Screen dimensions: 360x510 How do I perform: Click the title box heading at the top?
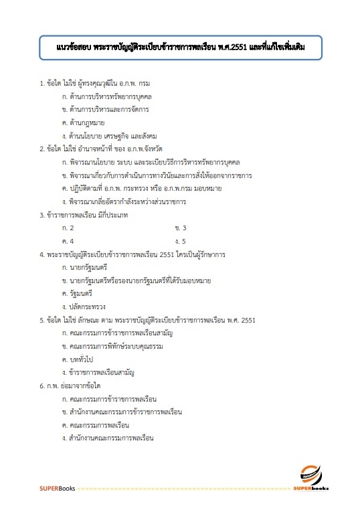[180, 48]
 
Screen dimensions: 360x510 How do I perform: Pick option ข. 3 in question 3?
[180, 228]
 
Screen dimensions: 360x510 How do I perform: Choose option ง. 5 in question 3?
[180, 240]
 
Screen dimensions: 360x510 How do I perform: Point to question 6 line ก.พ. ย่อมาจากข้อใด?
[70, 386]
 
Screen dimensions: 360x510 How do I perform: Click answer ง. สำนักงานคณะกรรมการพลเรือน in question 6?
[107, 438]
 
